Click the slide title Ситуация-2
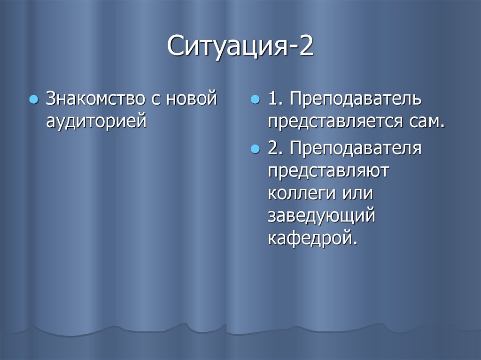pyautogui.click(x=240, y=48)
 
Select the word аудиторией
pyautogui.click(x=96, y=121)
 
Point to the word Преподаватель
pyautogui.click(x=356, y=100)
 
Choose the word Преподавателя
pyautogui.click(x=356, y=149)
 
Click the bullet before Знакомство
pyautogui.click(x=33, y=100)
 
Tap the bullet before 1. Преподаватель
pyautogui.click(x=256, y=100)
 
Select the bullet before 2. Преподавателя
pyautogui.click(x=256, y=149)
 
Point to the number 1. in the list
pyautogui.click(x=276, y=100)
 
